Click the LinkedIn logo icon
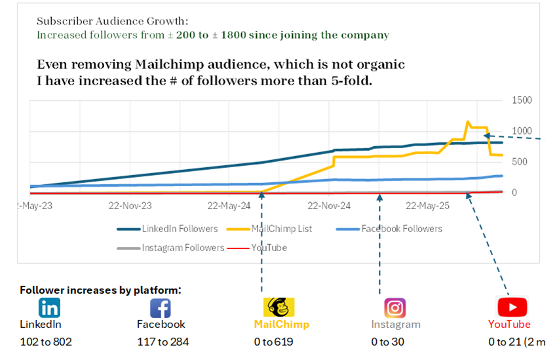49,308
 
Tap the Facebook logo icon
161,308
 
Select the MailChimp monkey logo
278,307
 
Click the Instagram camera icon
394,308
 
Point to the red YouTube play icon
512,307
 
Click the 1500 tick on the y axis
522,100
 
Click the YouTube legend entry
269,248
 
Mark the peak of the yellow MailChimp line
467,121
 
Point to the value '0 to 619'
273,342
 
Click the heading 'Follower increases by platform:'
100,290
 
